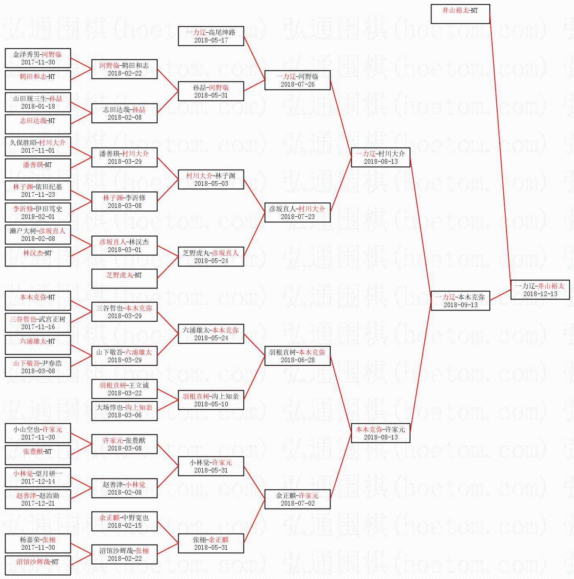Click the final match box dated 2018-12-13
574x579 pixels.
tap(540, 290)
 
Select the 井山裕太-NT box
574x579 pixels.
tap(460, 14)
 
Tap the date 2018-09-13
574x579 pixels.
tap(460, 305)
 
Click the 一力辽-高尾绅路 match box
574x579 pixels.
tap(211, 36)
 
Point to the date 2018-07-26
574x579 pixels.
tap(297, 84)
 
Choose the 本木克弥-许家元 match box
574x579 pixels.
tap(381, 433)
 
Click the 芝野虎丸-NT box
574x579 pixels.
tap(124, 279)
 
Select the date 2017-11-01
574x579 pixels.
tap(38, 150)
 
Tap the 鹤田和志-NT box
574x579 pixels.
tap(38, 80)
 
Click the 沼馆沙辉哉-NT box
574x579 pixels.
tap(38, 565)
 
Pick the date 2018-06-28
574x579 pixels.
tap(297, 360)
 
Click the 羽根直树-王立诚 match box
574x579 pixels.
tap(124, 389)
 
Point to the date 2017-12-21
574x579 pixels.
tap(38, 503)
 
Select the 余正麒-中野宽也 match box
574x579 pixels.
tap(124, 521)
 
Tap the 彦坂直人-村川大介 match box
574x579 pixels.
tap(297, 213)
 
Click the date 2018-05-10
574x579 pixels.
tap(211, 404)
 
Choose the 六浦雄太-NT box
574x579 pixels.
tap(38, 345)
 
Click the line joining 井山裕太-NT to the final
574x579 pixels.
tap(500, 147)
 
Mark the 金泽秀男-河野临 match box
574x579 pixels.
tap(38, 58)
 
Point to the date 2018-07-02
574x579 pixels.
tap(297, 503)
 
